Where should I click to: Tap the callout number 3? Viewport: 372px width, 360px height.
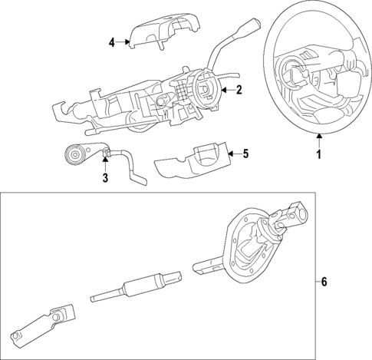104,179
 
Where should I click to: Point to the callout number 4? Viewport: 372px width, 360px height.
111,42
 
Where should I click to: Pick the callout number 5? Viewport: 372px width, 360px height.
245,154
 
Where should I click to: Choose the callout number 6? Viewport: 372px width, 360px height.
324,282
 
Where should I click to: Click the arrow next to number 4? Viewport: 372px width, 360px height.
123,42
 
